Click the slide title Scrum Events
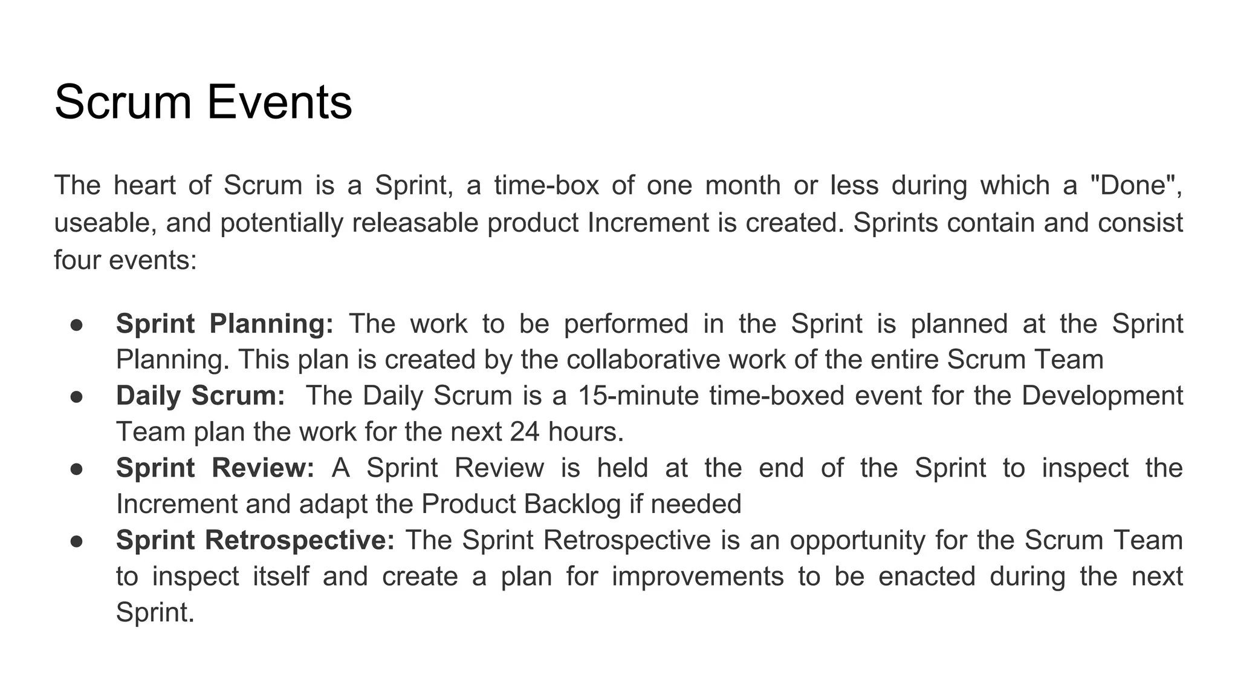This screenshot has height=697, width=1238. click(x=203, y=102)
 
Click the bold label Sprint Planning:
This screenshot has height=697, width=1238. click(x=224, y=324)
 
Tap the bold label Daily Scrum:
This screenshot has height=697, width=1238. click(x=200, y=396)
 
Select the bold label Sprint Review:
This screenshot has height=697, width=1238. click(x=215, y=468)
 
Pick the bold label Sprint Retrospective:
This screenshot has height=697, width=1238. click(x=255, y=540)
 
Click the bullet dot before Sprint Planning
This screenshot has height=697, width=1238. click(x=76, y=324)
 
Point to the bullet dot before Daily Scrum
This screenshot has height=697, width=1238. click(x=76, y=396)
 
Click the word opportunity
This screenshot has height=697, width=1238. click(x=857, y=540)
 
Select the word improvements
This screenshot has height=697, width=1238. click(x=698, y=576)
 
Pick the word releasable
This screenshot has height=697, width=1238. click(x=415, y=223)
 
